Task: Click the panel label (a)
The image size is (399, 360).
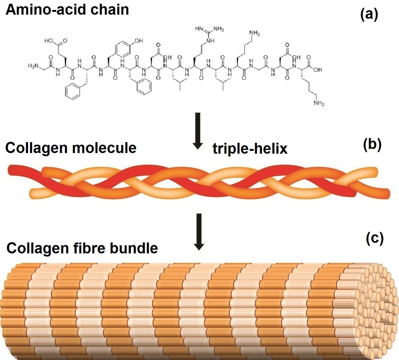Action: [x=369, y=14]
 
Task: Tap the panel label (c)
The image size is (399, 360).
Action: [x=374, y=238]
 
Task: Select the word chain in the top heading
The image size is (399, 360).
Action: [x=109, y=10]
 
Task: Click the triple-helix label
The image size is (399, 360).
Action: [x=250, y=149]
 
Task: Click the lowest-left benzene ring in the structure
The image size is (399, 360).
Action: [x=73, y=92]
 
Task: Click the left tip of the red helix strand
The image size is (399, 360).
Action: [x=12, y=170]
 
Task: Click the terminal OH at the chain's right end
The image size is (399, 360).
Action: [x=317, y=70]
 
